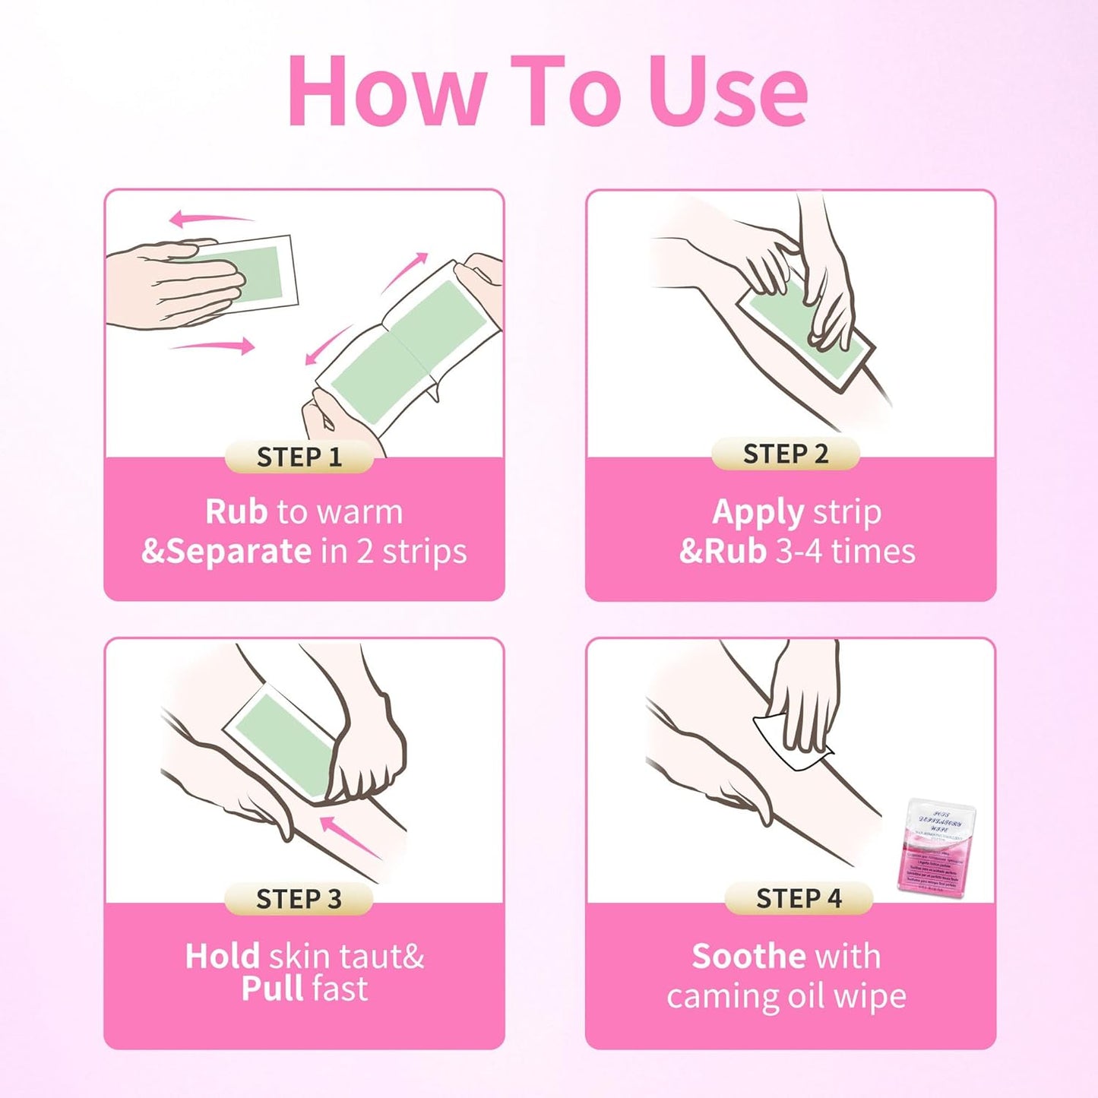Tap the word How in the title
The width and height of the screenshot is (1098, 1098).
click(386, 91)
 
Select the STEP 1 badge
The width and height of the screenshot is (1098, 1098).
click(299, 457)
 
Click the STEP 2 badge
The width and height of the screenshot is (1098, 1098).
click(785, 454)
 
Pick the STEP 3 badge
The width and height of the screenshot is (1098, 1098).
click(299, 899)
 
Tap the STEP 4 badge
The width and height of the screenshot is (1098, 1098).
click(799, 898)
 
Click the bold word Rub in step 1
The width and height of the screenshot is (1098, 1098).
click(236, 512)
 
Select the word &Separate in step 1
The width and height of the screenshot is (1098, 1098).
click(226, 551)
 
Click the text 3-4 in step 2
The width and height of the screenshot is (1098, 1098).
click(799, 551)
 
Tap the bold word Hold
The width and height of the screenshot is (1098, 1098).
click(222, 956)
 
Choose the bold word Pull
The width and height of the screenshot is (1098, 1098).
click(271, 989)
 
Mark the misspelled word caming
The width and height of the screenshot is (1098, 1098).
click(722, 997)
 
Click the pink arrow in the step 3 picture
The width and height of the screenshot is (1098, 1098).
click(348, 835)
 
